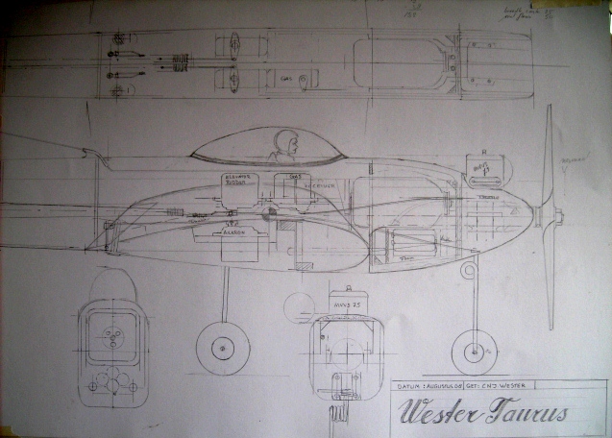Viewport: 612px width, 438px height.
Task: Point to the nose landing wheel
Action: click(x=473, y=352)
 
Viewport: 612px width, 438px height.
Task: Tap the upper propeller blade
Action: click(x=549, y=154)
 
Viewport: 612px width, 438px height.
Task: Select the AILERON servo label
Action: click(x=235, y=231)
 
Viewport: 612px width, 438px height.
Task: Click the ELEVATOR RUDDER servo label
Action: click(x=236, y=181)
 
